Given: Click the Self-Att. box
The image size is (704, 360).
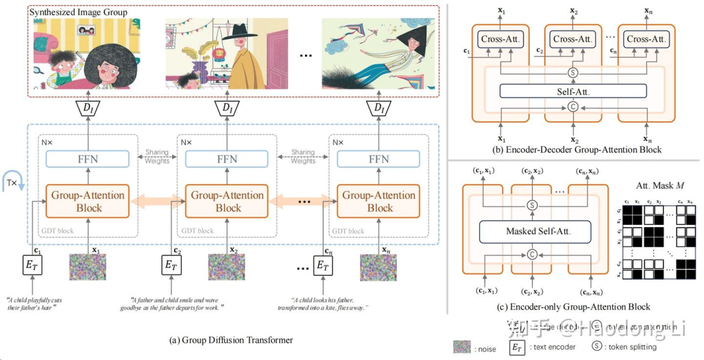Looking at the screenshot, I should (x=574, y=91).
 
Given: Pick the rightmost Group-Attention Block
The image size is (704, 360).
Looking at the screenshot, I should (x=380, y=202).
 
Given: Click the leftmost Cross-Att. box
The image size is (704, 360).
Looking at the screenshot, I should (x=499, y=40).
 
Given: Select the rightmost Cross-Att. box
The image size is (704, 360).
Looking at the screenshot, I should (x=644, y=40).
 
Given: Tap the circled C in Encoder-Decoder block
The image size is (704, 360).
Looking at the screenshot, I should (x=574, y=106).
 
